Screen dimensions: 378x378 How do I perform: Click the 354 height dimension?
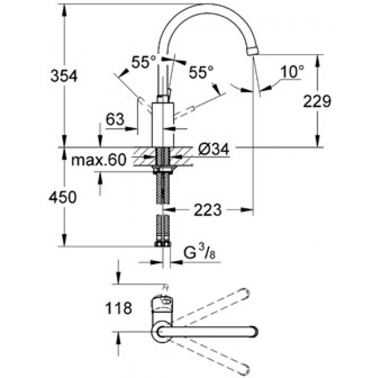(64, 76)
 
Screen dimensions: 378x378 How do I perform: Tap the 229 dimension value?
(317, 101)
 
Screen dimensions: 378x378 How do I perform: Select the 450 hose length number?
(63, 197)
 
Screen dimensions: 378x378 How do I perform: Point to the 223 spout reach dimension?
(208, 210)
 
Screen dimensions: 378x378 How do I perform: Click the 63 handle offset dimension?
(115, 119)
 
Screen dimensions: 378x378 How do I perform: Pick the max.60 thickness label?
(99, 160)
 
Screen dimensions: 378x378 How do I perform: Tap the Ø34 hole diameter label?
(214, 150)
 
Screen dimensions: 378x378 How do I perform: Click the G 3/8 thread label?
(199, 253)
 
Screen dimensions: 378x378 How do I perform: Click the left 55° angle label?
(144, 62)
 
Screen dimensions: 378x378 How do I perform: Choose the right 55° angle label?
(201, 72)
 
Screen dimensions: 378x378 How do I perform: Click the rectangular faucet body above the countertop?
(163, 124)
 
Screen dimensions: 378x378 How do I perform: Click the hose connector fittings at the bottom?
(163, 243)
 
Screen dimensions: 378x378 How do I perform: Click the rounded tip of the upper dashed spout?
(245, 293)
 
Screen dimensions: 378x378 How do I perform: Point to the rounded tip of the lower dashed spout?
(245, 370)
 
